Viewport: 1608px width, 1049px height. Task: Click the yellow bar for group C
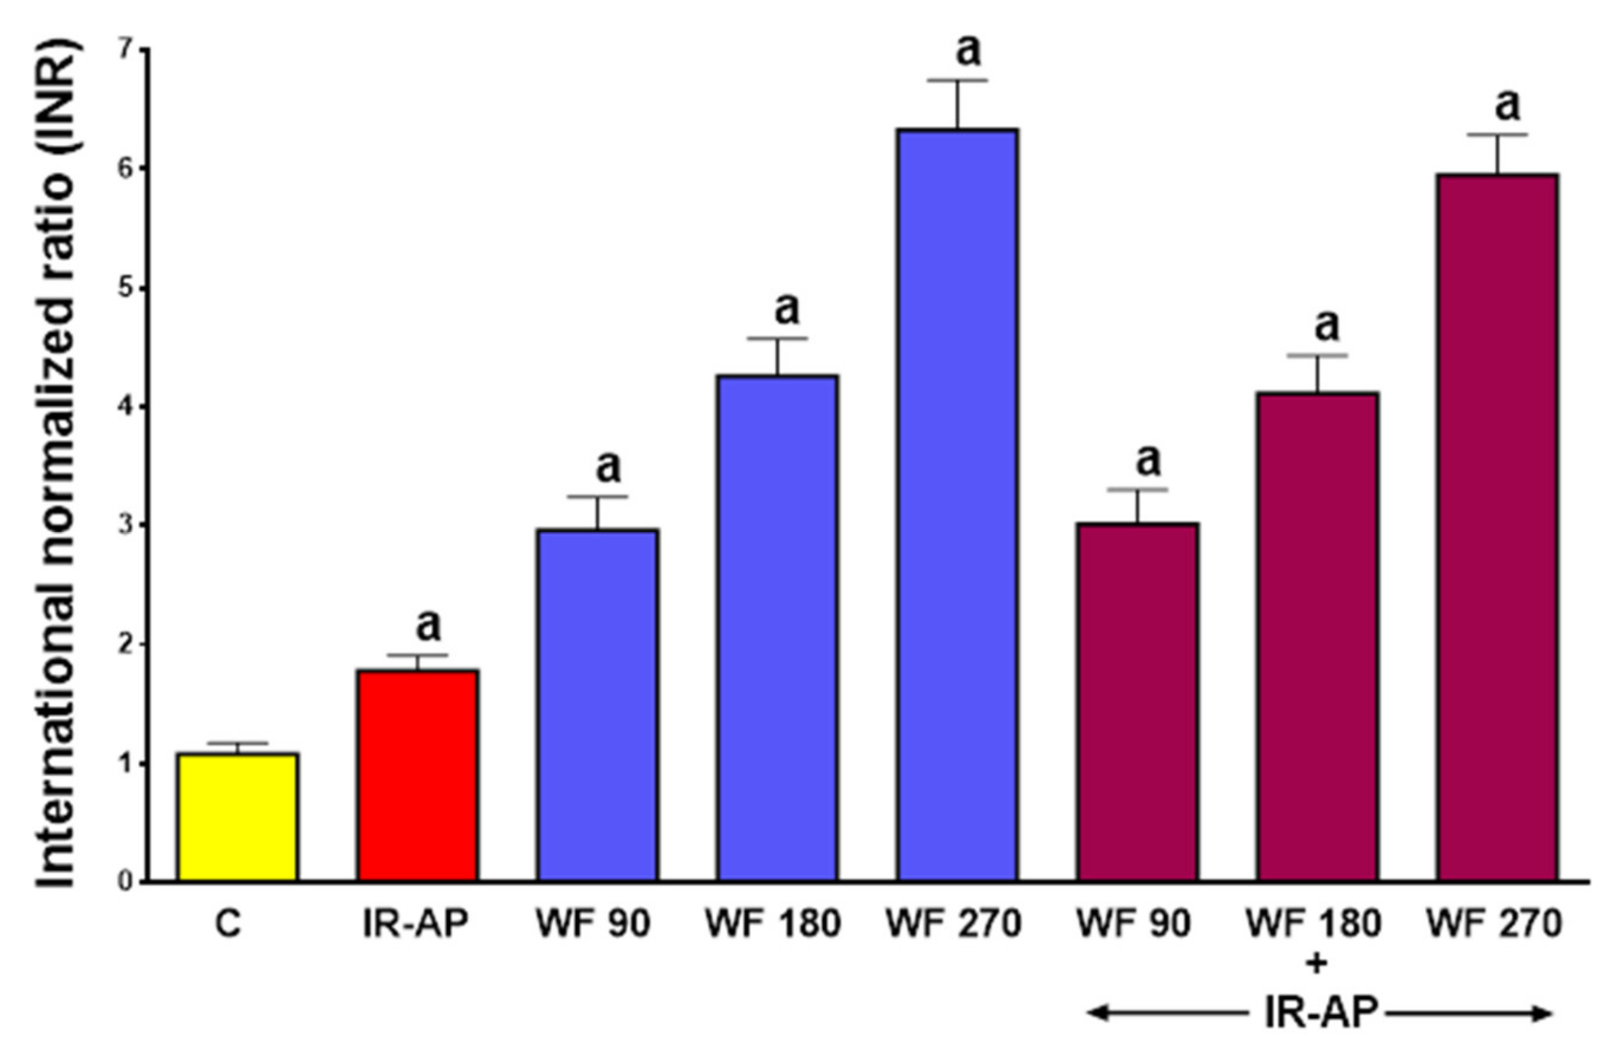coord(237,817)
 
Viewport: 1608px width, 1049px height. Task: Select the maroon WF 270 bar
coord(1497,527)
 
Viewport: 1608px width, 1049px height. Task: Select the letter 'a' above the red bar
coord(428,626)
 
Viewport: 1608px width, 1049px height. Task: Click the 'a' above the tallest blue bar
coord(967,50)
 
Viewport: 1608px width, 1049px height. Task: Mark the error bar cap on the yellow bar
coord(237,743)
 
